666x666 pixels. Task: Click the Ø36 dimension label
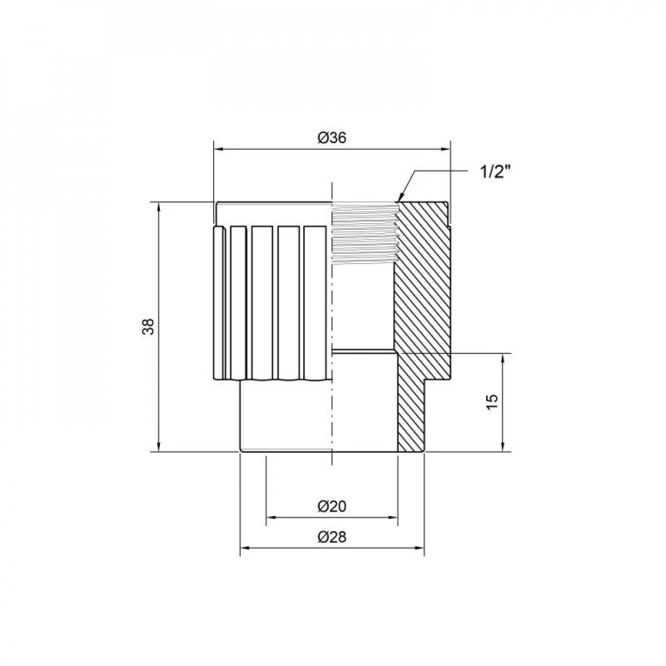tap(331, 138)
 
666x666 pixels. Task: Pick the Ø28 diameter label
tap(331, 537)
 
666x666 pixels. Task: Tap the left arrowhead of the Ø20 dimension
tap(270, 517)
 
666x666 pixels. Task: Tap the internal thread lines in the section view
tap(364, 233)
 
